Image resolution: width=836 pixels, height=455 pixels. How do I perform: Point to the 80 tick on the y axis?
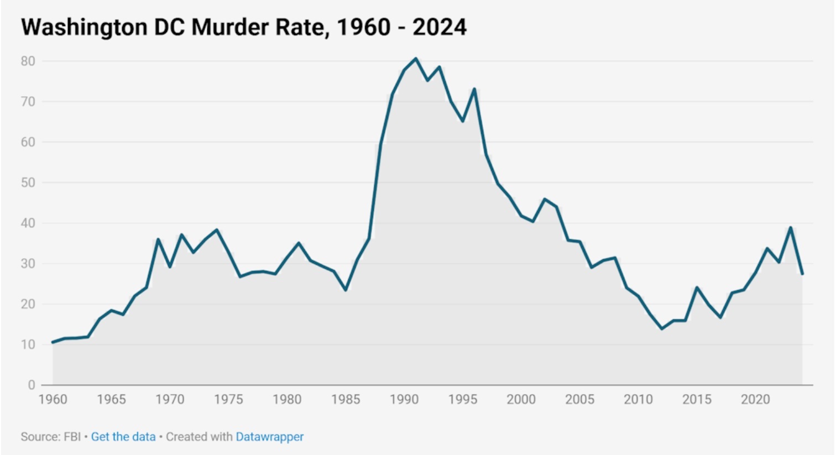click(x=28, y=61)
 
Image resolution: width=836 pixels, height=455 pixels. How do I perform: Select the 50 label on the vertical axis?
click(x=28, y=182)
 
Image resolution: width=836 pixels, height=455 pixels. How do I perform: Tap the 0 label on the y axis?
click(x=32, y=385)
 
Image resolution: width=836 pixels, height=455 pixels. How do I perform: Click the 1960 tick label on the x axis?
click(x=53, y=399)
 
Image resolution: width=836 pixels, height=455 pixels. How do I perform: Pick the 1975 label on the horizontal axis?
click(x=228, y=399)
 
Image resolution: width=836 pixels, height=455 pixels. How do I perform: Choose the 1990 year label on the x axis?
click(x=404, y=399)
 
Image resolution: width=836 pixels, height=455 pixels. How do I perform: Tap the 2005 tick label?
click(x=579, y=399)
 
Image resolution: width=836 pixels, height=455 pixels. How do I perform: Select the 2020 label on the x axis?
click(x=755, y=399)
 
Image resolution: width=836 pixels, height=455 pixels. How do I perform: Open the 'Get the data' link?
click(x=123, y=437)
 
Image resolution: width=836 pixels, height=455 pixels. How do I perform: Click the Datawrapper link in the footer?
click(x=270, y=437)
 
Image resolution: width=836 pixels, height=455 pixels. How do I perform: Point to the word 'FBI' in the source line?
click(x=72, y=437)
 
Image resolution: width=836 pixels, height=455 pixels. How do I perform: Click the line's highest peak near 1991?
click(x=416, y=58)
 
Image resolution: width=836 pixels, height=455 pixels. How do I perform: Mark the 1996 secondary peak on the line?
click(x=474, y=88)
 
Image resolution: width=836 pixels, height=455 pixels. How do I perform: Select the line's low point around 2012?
click(x=662, y=329)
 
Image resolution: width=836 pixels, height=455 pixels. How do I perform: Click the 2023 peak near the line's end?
click(x=791, y=227)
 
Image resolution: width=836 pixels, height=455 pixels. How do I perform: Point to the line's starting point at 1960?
click(x=53, y=342)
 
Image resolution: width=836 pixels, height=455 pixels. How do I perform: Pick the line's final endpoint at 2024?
click(x=802, y=274)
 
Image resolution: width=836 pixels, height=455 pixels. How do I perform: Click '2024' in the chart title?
click(x=440, y=27)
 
